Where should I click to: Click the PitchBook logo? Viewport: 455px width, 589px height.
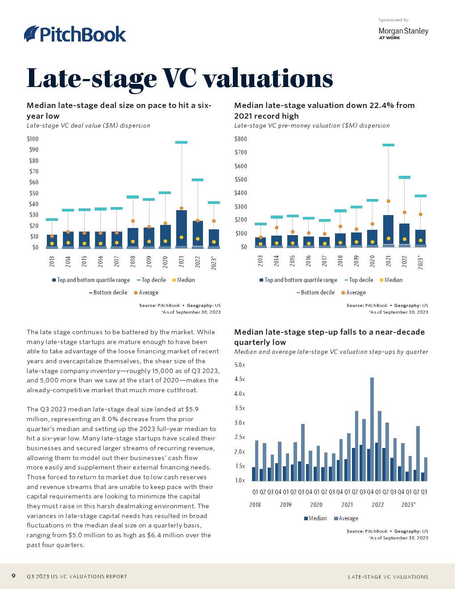point(75,34)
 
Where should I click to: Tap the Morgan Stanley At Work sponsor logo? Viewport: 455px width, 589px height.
point(403,33)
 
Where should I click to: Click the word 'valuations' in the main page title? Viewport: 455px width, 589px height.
point(268,79)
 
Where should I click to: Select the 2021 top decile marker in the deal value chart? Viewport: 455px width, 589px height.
point(181,142)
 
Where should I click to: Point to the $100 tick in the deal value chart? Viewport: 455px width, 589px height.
point(33,139)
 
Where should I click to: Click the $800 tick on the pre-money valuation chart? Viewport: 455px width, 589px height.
point(240,139)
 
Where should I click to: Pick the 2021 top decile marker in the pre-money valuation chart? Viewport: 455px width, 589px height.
point(388,145)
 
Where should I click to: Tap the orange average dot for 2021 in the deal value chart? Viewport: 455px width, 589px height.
point(181,208)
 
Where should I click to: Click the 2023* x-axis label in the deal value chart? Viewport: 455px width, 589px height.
point(214,263)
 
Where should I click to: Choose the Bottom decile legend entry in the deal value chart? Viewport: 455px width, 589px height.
point(110,293)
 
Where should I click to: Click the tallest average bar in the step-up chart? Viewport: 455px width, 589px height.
point(372,428)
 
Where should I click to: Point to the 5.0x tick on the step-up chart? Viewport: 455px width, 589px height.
point(240,365)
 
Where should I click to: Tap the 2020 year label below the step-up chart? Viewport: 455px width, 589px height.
point(316,505)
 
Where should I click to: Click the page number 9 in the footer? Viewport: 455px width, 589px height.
point(13,576)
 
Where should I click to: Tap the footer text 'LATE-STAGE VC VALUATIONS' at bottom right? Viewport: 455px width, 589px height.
point(388,577)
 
